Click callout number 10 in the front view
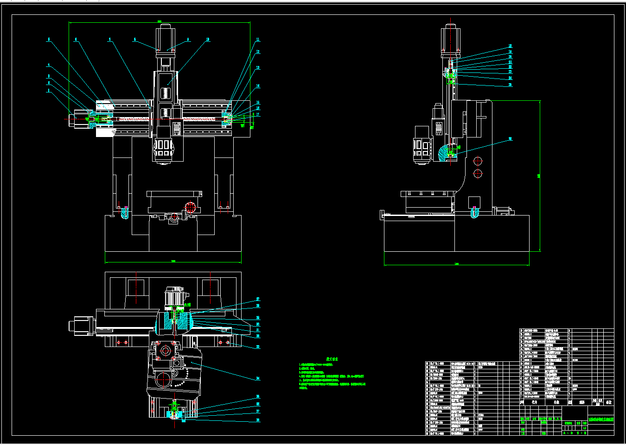[208, 40]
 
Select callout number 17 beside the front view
[258, 114]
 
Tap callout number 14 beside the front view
[258, 86]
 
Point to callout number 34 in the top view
[258, 379]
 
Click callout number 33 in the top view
[258, 347]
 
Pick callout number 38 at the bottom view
[258, 420]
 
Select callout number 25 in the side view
[510, 85]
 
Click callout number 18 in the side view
[510, 46]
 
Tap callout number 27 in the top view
[258, 300]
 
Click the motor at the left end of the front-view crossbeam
[80, 119]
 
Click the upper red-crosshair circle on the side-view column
[478, 162]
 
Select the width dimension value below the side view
[456, 264]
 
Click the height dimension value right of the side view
[539, 176]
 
